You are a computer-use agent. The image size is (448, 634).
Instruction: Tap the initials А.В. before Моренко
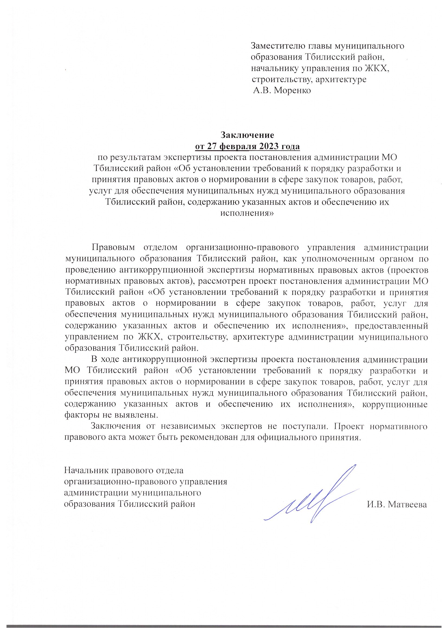[262, 91]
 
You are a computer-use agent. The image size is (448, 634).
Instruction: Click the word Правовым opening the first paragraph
[113, 247]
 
